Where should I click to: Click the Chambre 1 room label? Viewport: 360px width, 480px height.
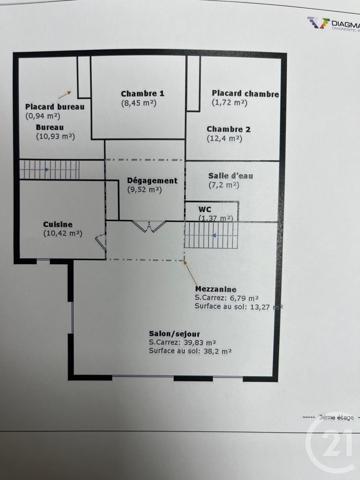(142, 92)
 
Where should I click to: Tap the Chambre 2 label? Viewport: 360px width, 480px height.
(229, 130)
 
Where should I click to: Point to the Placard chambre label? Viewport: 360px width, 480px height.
(245, 93)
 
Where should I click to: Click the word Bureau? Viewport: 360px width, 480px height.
(49, 128)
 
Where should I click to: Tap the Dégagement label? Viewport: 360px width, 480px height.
(152, 180)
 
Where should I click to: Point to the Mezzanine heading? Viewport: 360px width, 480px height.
(216, 287)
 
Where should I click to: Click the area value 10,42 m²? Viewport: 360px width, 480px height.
(62, 233)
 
